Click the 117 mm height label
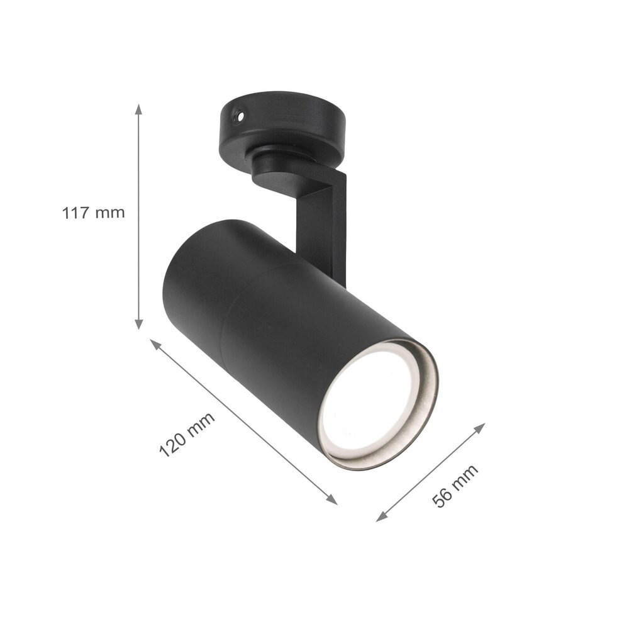pyautogui.click(x=93, y=213)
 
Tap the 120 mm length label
pyautogui.click(x=186, y=434)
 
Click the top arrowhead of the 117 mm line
pyautogui.click(x=139, y=109)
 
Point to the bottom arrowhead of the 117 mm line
pyautogui.click(x=139, y=325)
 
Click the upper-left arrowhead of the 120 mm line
pyautogui.click(x=153, y=343)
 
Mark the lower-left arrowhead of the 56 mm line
pyautogui.click(x=381, y=518)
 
